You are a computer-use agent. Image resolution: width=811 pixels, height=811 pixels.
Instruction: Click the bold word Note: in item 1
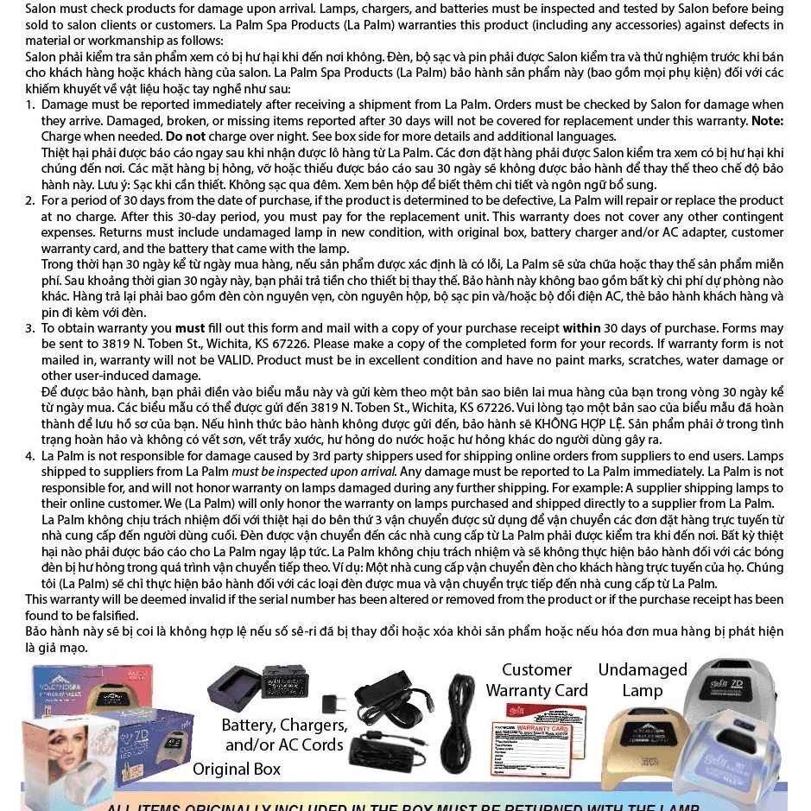click(767, 121)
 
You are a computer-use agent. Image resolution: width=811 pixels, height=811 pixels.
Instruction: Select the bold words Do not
click(186, 136)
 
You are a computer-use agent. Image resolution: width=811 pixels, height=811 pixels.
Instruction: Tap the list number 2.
click(29, 200)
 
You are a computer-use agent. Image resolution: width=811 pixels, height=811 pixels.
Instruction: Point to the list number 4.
click(29, 456)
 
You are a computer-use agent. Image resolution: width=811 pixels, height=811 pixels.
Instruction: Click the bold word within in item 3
click(581, 328)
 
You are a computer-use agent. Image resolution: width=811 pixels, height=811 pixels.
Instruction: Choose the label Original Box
click(237, 769)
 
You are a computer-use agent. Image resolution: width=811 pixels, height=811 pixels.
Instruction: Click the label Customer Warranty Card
click(536, 680)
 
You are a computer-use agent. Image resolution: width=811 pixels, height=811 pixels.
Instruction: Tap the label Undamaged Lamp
click(643, 680)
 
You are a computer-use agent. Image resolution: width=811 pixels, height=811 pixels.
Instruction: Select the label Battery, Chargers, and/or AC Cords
click(284, 734)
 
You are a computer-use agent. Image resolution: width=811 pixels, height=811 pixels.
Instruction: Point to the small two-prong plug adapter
click(333, 703)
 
